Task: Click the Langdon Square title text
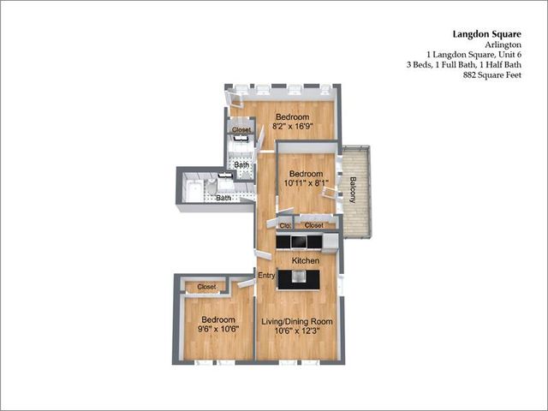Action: (x=487, y=34)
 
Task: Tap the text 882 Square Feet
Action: (x=492, y=74)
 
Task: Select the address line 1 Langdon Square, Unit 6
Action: (x=474, y=55)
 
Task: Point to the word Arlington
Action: (x=503, y=45)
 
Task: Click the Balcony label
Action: (x=353, y=190)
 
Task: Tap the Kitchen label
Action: (x=306, y=260)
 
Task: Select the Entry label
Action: (x=266, y=276)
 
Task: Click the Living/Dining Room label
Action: (x=297, y=322)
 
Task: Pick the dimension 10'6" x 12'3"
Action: (x=297, y=331)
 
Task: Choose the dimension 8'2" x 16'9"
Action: (x=292, y=126)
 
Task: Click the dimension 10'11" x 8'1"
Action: (x=307, y=182)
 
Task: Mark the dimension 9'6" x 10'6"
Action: (x=218, y=329)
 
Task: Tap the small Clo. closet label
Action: (x=285, y=226)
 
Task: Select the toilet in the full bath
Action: (x=211, y=187)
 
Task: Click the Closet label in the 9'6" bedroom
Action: (x=206, y=287)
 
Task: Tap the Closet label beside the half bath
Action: (x=241, y=129)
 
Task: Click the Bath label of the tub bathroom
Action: (x=223, y=198)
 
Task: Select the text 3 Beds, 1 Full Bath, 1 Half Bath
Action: (x=464, y=65)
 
